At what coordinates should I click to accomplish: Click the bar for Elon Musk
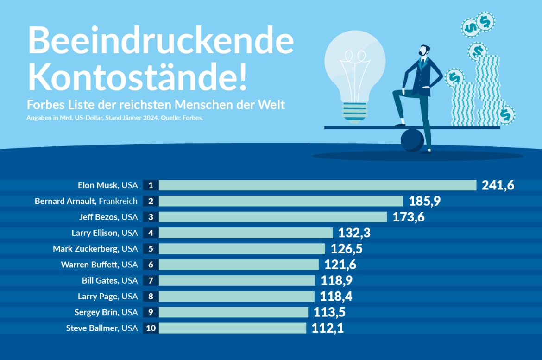pos(317,185)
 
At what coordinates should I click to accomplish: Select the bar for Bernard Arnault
pos(281,201)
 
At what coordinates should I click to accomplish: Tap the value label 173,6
pos(409,217)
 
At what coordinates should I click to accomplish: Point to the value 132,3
pos(354,233)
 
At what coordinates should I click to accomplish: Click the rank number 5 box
pos(151,249)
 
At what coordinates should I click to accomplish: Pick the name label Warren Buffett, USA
pos(99,265)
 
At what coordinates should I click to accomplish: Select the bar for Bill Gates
pos(237,281)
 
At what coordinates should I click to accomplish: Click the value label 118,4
pos(336,297)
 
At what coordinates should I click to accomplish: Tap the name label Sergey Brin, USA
pos(106,312)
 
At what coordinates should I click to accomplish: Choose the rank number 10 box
pos(151,328)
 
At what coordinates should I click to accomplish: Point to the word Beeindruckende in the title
pos(161,40)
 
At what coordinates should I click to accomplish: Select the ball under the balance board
pos(411,140)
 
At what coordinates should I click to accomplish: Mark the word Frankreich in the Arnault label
pos(118,201)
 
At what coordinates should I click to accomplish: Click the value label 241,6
pos(498,185)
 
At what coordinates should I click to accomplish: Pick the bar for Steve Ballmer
pos(232,328)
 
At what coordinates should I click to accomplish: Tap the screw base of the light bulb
pos(355,111)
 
